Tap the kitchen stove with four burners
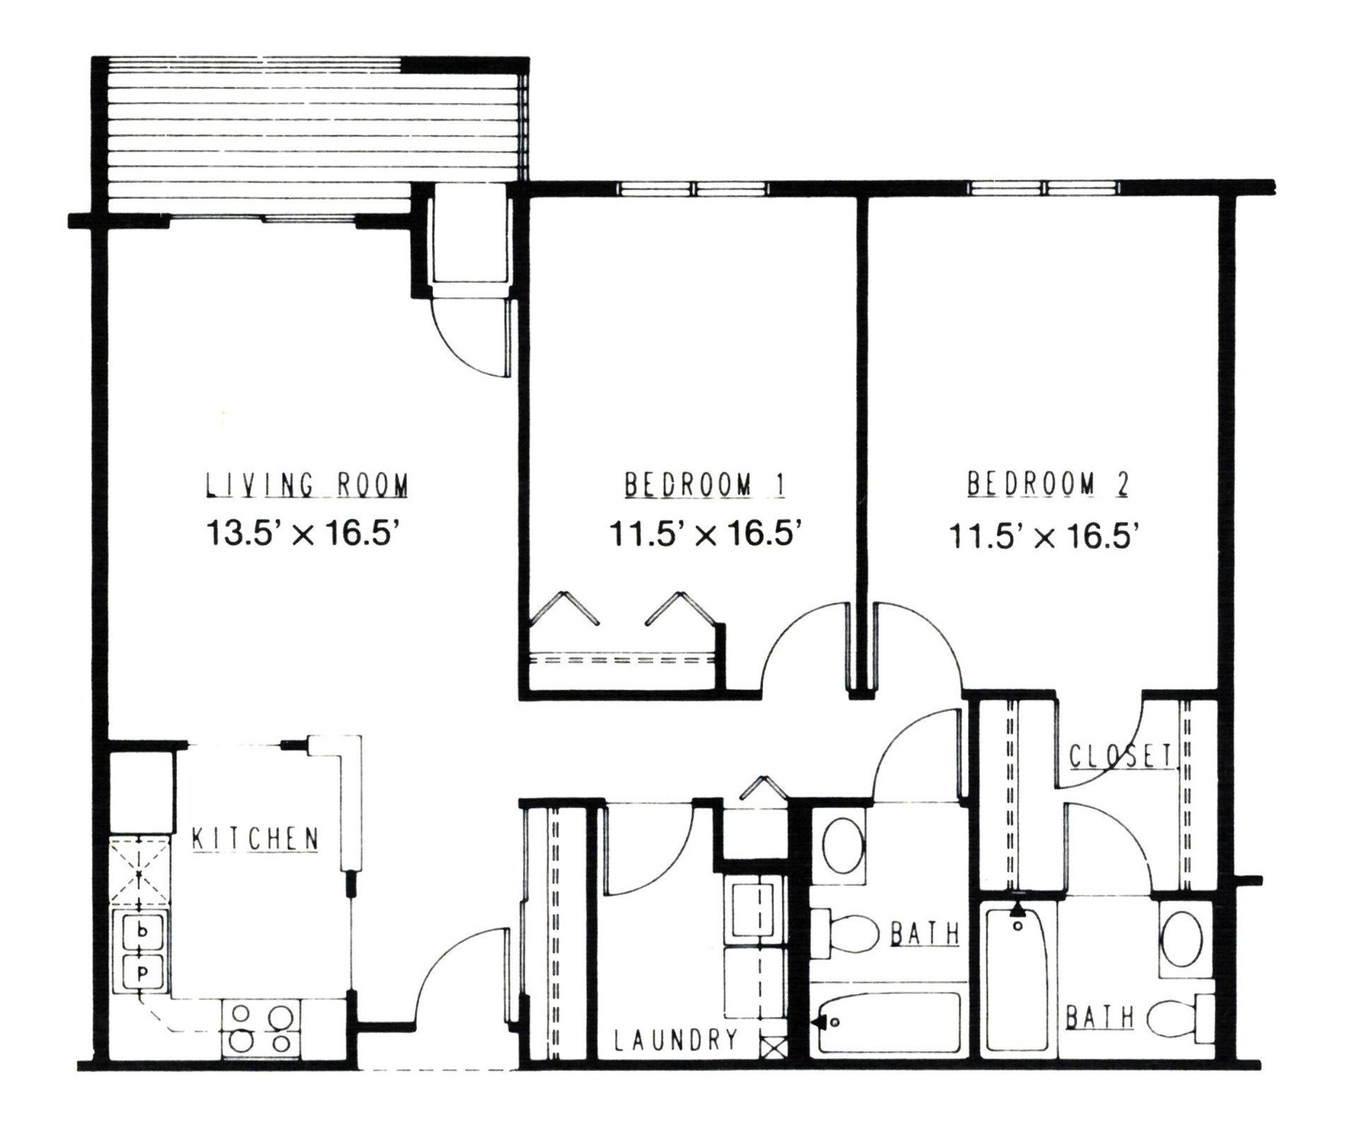262,1027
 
